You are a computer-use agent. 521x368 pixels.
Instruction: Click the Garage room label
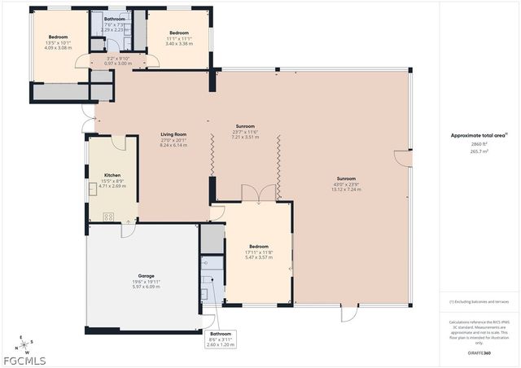click(147, 276)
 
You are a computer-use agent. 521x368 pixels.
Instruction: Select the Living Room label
click(173, 134)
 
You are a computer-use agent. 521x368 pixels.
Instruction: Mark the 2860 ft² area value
click(478, 144)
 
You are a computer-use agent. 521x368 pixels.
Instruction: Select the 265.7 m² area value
click(478, 151)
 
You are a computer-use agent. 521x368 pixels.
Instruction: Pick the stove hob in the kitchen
click(108, 216)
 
